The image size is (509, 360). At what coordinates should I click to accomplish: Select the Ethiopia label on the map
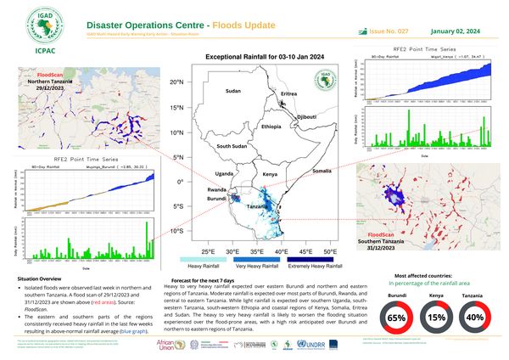271,127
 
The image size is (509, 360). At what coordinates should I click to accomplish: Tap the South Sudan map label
232,147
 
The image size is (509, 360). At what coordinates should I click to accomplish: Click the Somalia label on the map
322,172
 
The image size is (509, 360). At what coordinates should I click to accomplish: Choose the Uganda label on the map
226,173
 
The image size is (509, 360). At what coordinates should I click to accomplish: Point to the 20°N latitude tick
176,83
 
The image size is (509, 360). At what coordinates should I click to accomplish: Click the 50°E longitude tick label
330,253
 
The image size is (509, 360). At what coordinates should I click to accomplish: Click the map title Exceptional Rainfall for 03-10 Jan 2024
258,56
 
